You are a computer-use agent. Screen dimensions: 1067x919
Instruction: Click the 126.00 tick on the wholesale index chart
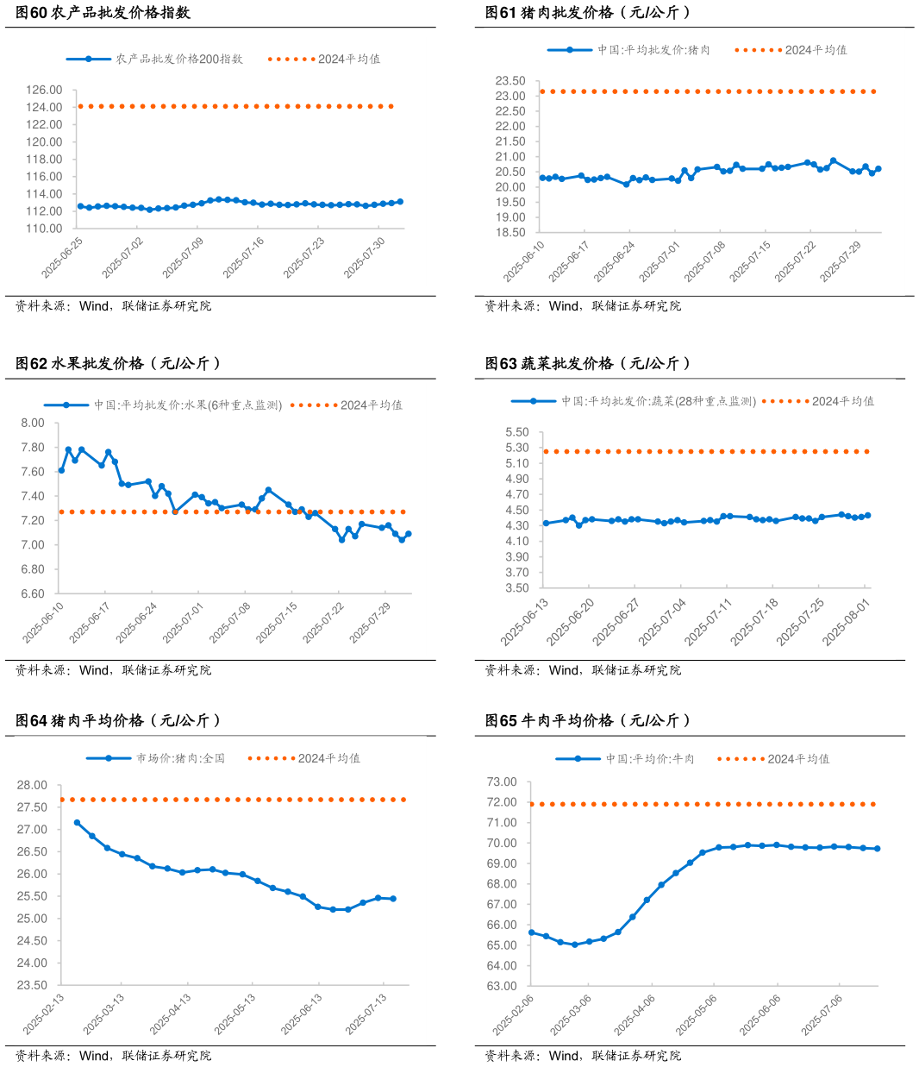tap(44, 90)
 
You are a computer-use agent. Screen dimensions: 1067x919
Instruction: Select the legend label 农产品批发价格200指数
tap(179, 59)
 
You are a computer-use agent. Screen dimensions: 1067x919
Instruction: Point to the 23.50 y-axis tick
tap(510, 81)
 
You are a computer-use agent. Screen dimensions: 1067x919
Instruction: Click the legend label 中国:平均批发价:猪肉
tap(653, 50)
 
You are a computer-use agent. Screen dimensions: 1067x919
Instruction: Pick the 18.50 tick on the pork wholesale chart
tap(510, 233)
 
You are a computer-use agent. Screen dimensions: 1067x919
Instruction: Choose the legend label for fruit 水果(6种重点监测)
tap(188, 405)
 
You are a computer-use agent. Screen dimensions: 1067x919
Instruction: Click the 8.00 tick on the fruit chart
tap(32, 423)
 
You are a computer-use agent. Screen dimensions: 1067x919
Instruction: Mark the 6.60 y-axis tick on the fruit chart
tap(32, 593)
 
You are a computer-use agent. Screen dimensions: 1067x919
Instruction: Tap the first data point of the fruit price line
tap(61, 470)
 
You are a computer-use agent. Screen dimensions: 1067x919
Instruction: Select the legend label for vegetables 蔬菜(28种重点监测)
tap(659, 401)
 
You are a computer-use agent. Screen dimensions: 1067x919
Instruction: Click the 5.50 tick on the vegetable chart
tap(517, 432)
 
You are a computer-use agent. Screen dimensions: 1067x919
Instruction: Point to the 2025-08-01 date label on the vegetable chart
tap(846, 622)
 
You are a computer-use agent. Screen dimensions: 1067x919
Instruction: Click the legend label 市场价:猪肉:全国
tap(180, 758)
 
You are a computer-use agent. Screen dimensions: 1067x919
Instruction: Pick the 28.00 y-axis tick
tap(32, 785)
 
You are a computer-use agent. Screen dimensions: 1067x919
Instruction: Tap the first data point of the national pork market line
tap(77, 823)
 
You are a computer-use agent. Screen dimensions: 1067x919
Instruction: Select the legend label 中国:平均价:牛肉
tap(649, 759)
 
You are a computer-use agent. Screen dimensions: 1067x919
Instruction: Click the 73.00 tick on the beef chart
tap(502, 782)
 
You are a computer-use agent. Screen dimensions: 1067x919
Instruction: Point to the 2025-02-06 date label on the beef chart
tap(513, 1014)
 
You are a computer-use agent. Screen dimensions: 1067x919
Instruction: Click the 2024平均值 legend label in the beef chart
tap(798, 759)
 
